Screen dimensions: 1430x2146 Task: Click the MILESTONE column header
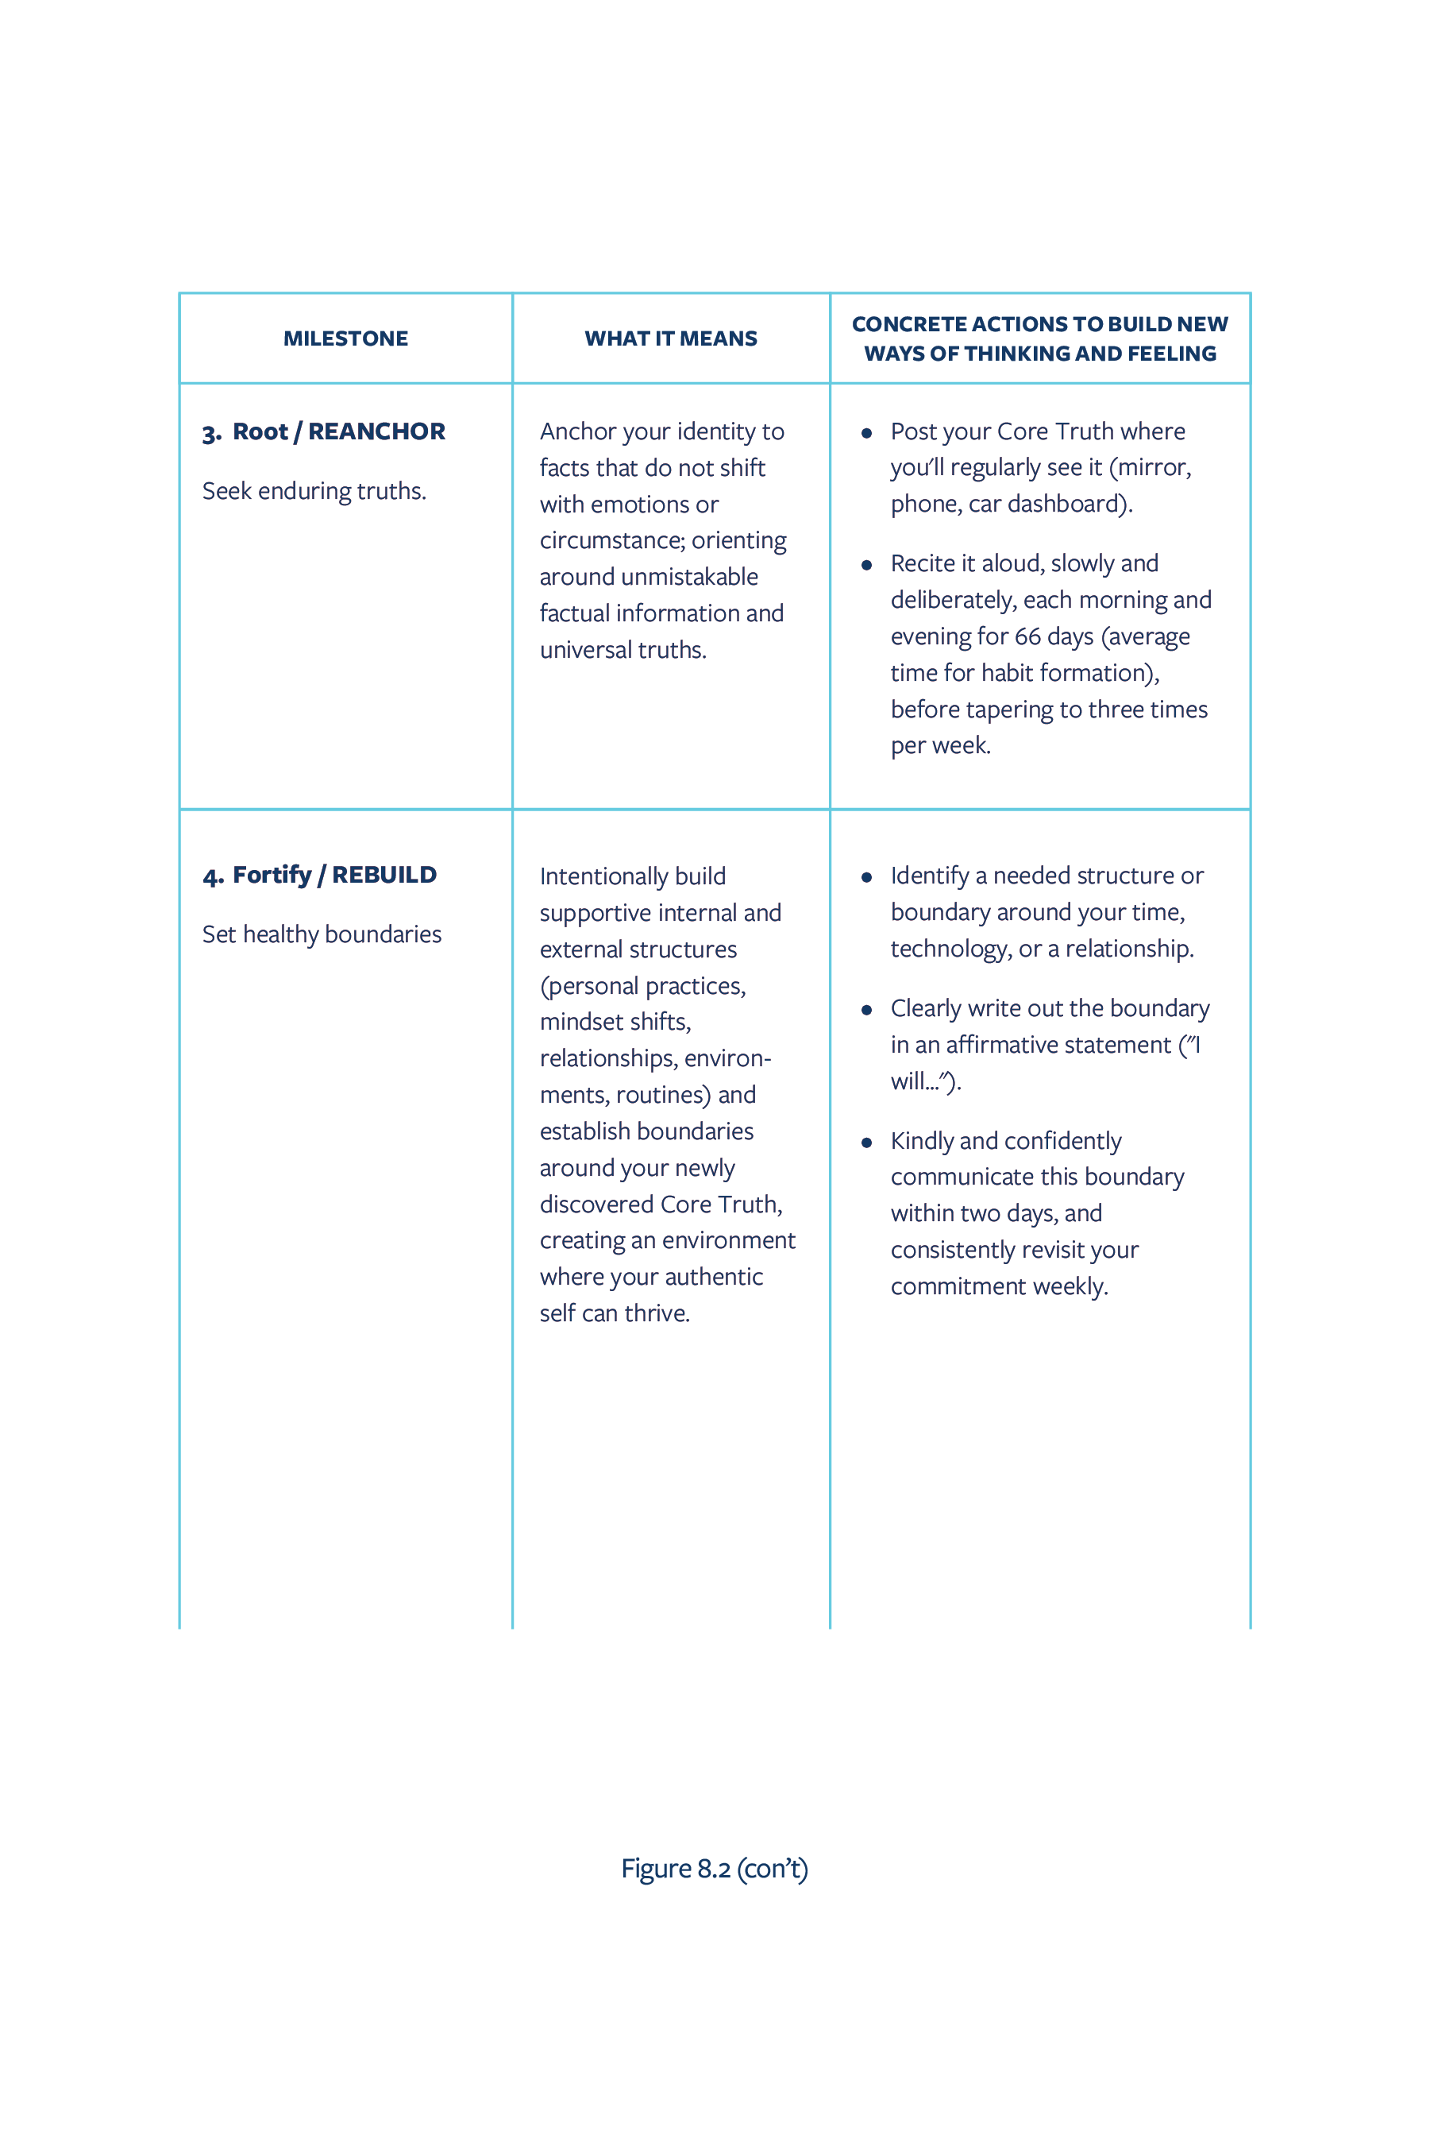[x=345, y=338]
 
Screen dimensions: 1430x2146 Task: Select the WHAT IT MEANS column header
[x=670, y=338]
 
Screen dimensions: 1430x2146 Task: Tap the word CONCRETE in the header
[x=908, y=324]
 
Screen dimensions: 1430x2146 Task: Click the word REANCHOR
[x=376, y=431]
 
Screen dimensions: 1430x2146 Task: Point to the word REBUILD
[x=384, y=875]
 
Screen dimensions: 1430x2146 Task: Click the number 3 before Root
[x=210, y=433]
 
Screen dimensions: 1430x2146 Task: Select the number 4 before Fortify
[x=211, y=877]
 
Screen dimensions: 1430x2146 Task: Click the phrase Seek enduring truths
[x=314, y=492]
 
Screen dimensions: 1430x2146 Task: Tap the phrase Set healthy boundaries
[x=321, y=935]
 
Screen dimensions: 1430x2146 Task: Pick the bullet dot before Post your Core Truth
[x=866, y=432]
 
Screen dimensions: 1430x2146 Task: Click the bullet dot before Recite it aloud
[x=866, y=565]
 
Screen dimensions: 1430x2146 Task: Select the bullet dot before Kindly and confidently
[x=866, y=1143]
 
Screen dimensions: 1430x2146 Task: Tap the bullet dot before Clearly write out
[x=866, y=1009]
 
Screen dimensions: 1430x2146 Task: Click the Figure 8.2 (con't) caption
[x=714, y=1870]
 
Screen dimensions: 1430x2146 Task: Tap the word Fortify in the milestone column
[x=272, y=875]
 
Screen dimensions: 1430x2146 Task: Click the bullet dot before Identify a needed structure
[x=866, y=877]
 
